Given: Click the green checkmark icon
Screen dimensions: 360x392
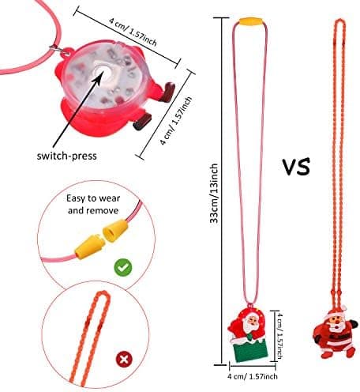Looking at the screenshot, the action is pos(123,267).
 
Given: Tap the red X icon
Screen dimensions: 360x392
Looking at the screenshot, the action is pos(125,359).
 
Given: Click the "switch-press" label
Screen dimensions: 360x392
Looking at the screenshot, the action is pos(67,156).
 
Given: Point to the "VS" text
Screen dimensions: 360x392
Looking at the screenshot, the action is pos(296,167).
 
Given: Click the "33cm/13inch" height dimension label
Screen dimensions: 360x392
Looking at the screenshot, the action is pos(214,194).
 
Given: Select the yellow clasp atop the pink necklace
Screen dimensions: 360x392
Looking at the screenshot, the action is pos(250,21).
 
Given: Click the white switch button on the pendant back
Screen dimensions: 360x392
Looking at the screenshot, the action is pos(101,71).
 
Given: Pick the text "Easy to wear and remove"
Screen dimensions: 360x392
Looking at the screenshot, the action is pos(93,204).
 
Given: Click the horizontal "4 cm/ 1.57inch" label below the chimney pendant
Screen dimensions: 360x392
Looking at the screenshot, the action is pos(253,376).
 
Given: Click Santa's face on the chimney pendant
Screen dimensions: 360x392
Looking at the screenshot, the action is pos(250,322).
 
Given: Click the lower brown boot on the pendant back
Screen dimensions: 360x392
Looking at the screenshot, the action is pos(142,122).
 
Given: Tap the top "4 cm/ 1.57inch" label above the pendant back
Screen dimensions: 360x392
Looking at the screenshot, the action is pos(133,32).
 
